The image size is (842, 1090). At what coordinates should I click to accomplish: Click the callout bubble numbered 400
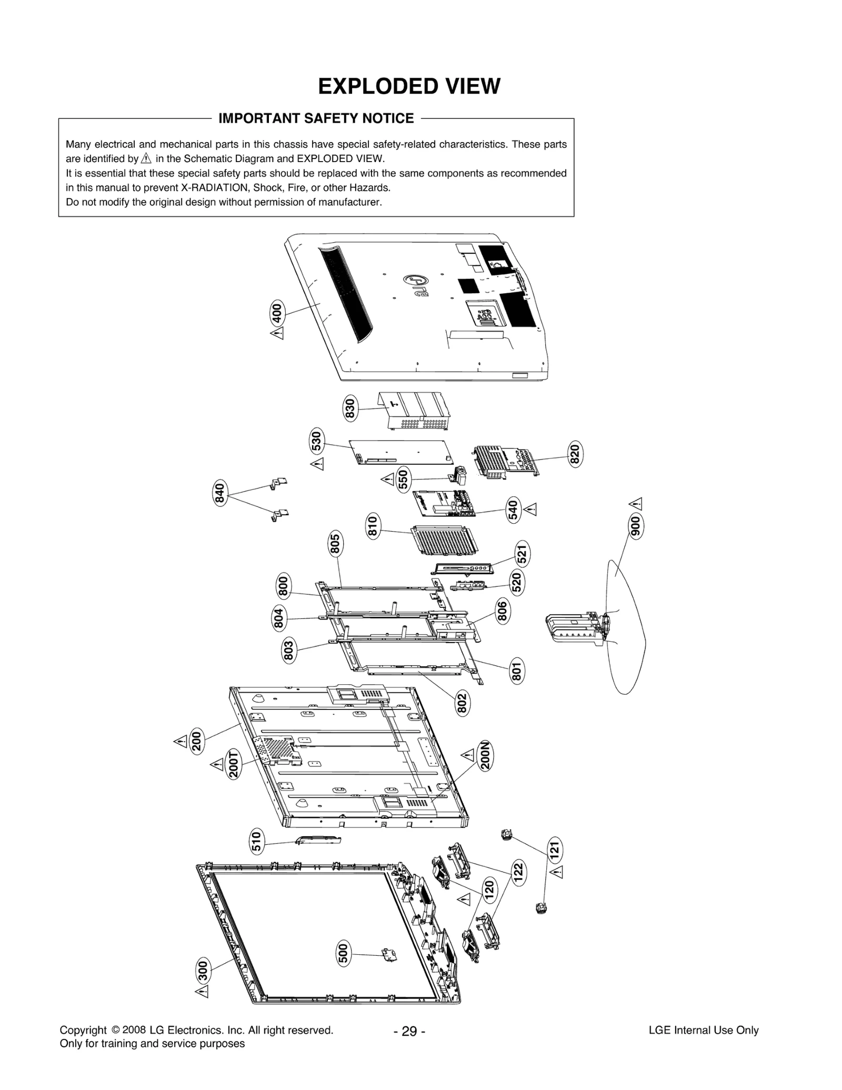click(276, 314)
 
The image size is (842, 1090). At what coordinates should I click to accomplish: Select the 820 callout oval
click(575, 453)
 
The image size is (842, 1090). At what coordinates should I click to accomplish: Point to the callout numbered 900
click(636, 526)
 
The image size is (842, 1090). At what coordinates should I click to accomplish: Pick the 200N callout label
click(485, 756)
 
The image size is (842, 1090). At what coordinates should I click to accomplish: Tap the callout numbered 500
click(343, 953)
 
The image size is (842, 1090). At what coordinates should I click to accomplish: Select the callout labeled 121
click(555, 849)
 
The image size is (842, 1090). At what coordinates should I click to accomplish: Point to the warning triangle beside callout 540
click(531, 509)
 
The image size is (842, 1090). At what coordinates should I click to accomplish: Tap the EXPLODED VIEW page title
click(409, 86)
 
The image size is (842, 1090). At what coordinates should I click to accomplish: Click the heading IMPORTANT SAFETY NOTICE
click(316, 118)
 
